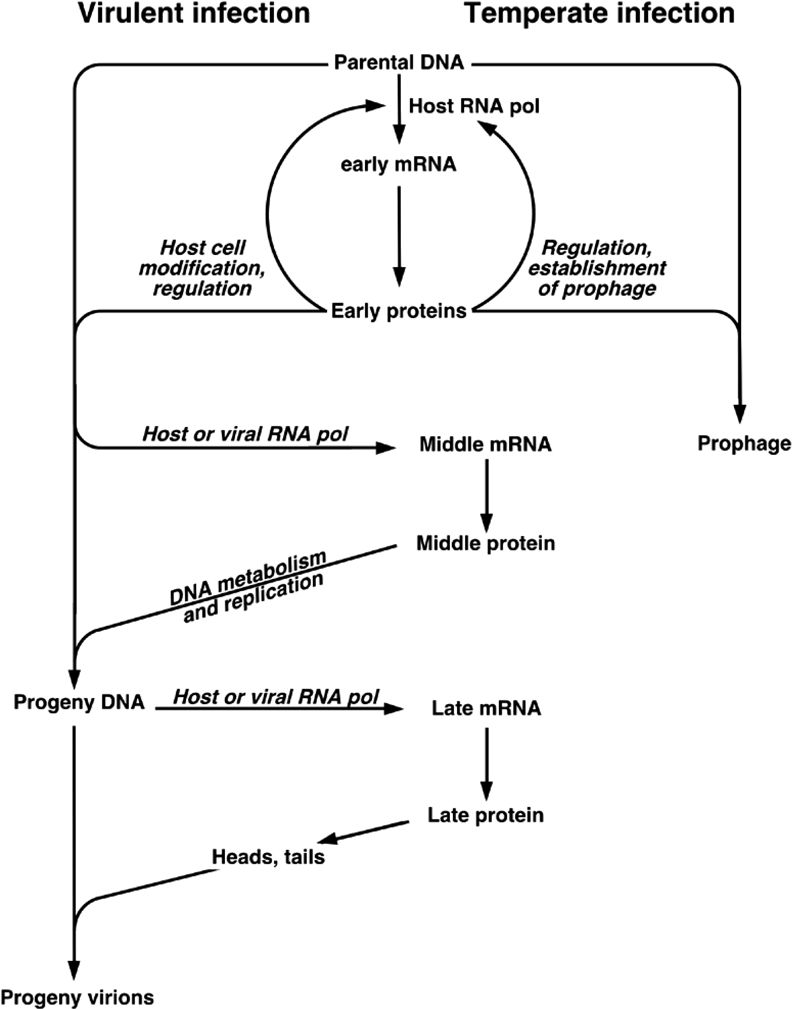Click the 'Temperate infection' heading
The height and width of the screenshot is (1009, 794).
pyautogui.click(x=599, y=14)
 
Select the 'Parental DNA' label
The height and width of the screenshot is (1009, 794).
pyautogui.click(x=399, y=63)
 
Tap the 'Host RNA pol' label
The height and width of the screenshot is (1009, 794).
pyautogui.click(x=474, y=106)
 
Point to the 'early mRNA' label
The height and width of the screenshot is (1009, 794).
pyautogui.click(x=399, y=165)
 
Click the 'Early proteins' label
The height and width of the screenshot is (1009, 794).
pyautogui.click(x=399, y=311)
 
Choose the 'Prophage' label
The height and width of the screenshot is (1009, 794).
pyautogui.click(x=744, y=444)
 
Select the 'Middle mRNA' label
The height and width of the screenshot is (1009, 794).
pyautogui.click(x=485, y=445)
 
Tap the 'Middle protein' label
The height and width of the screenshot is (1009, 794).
pyautogui.click(x=485, y=543)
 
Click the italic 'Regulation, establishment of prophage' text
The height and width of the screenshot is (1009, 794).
pyautogui.click(x=600, y=269)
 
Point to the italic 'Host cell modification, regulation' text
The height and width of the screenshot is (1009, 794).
pyautogui.click(x=202, y=269)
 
